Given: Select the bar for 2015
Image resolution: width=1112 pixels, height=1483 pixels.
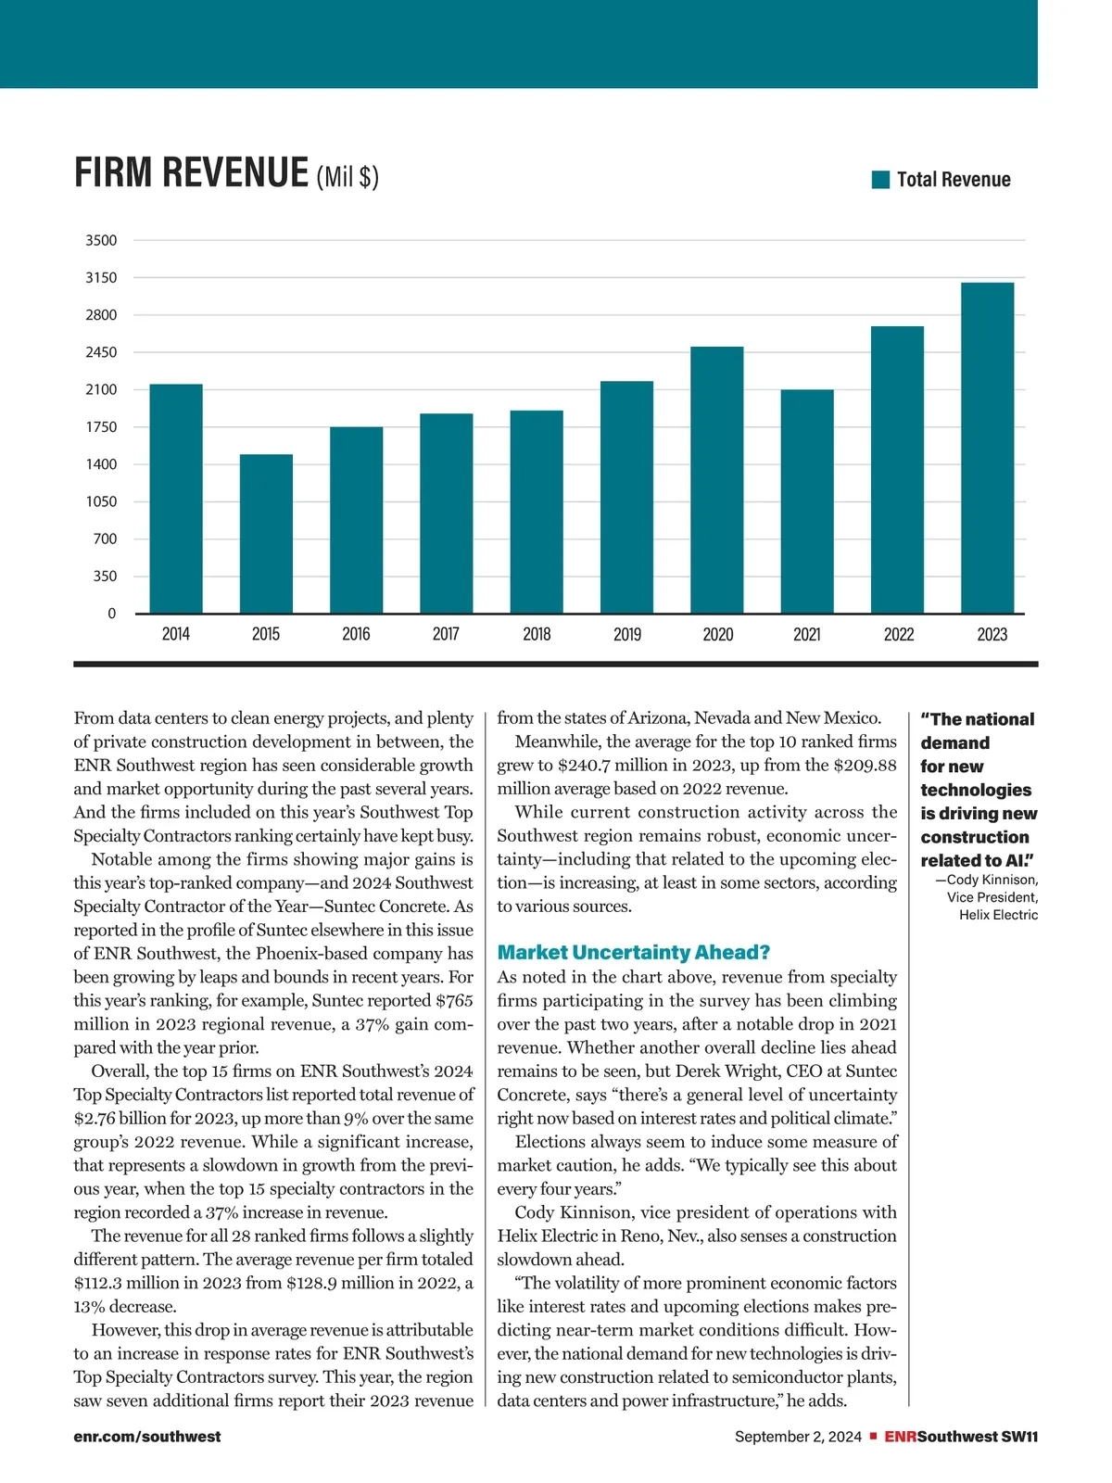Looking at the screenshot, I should pos(266,534).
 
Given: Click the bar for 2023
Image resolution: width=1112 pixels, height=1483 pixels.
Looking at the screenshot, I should pos(988,448).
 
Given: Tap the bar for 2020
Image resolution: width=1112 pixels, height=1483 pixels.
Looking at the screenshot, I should pos(717,480).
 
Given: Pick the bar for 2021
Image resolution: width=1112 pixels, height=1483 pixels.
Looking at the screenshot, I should pos(807,501).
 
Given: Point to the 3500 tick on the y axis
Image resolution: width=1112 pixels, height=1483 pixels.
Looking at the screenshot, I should pos(102,240).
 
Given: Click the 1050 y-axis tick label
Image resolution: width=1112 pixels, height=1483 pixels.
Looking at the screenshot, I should pos(102,501).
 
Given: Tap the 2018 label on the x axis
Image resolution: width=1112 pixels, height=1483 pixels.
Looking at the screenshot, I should pos(537,634).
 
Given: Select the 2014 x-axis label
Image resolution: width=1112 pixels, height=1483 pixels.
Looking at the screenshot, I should pos(175,634).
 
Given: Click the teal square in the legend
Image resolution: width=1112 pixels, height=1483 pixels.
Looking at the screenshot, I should pos(880,179).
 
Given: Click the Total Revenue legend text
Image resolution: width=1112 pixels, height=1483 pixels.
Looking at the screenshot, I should pos(954,180).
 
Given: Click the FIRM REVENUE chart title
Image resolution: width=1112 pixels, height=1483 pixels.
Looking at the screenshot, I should pos(191,173).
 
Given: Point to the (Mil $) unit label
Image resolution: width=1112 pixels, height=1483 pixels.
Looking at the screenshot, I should pos(347,176).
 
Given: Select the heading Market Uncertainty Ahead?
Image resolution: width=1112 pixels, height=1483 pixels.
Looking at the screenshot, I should pos(634,953).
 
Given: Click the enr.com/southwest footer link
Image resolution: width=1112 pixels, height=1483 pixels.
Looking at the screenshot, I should pos(147,1437).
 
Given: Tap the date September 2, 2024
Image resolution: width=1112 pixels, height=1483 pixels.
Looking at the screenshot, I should pos(798,1437).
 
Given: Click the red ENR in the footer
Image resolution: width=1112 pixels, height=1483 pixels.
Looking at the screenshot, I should pos(900,1437).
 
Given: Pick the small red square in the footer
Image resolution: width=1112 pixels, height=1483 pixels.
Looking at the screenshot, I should pos(873,1437).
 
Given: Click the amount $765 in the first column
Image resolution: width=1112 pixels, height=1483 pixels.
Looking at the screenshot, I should pos(454,1001).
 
